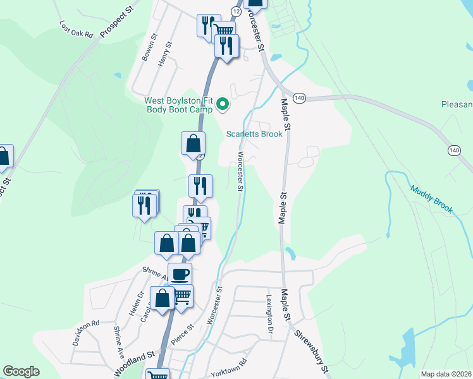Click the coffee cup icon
pos(180,274)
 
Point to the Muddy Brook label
pos(431,199)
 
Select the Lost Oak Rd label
pos(77,29)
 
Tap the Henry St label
pos(166,54)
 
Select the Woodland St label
pos(134,364)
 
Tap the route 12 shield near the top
pos(235,11)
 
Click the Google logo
pos(21,371)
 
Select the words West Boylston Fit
pos(179,100)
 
